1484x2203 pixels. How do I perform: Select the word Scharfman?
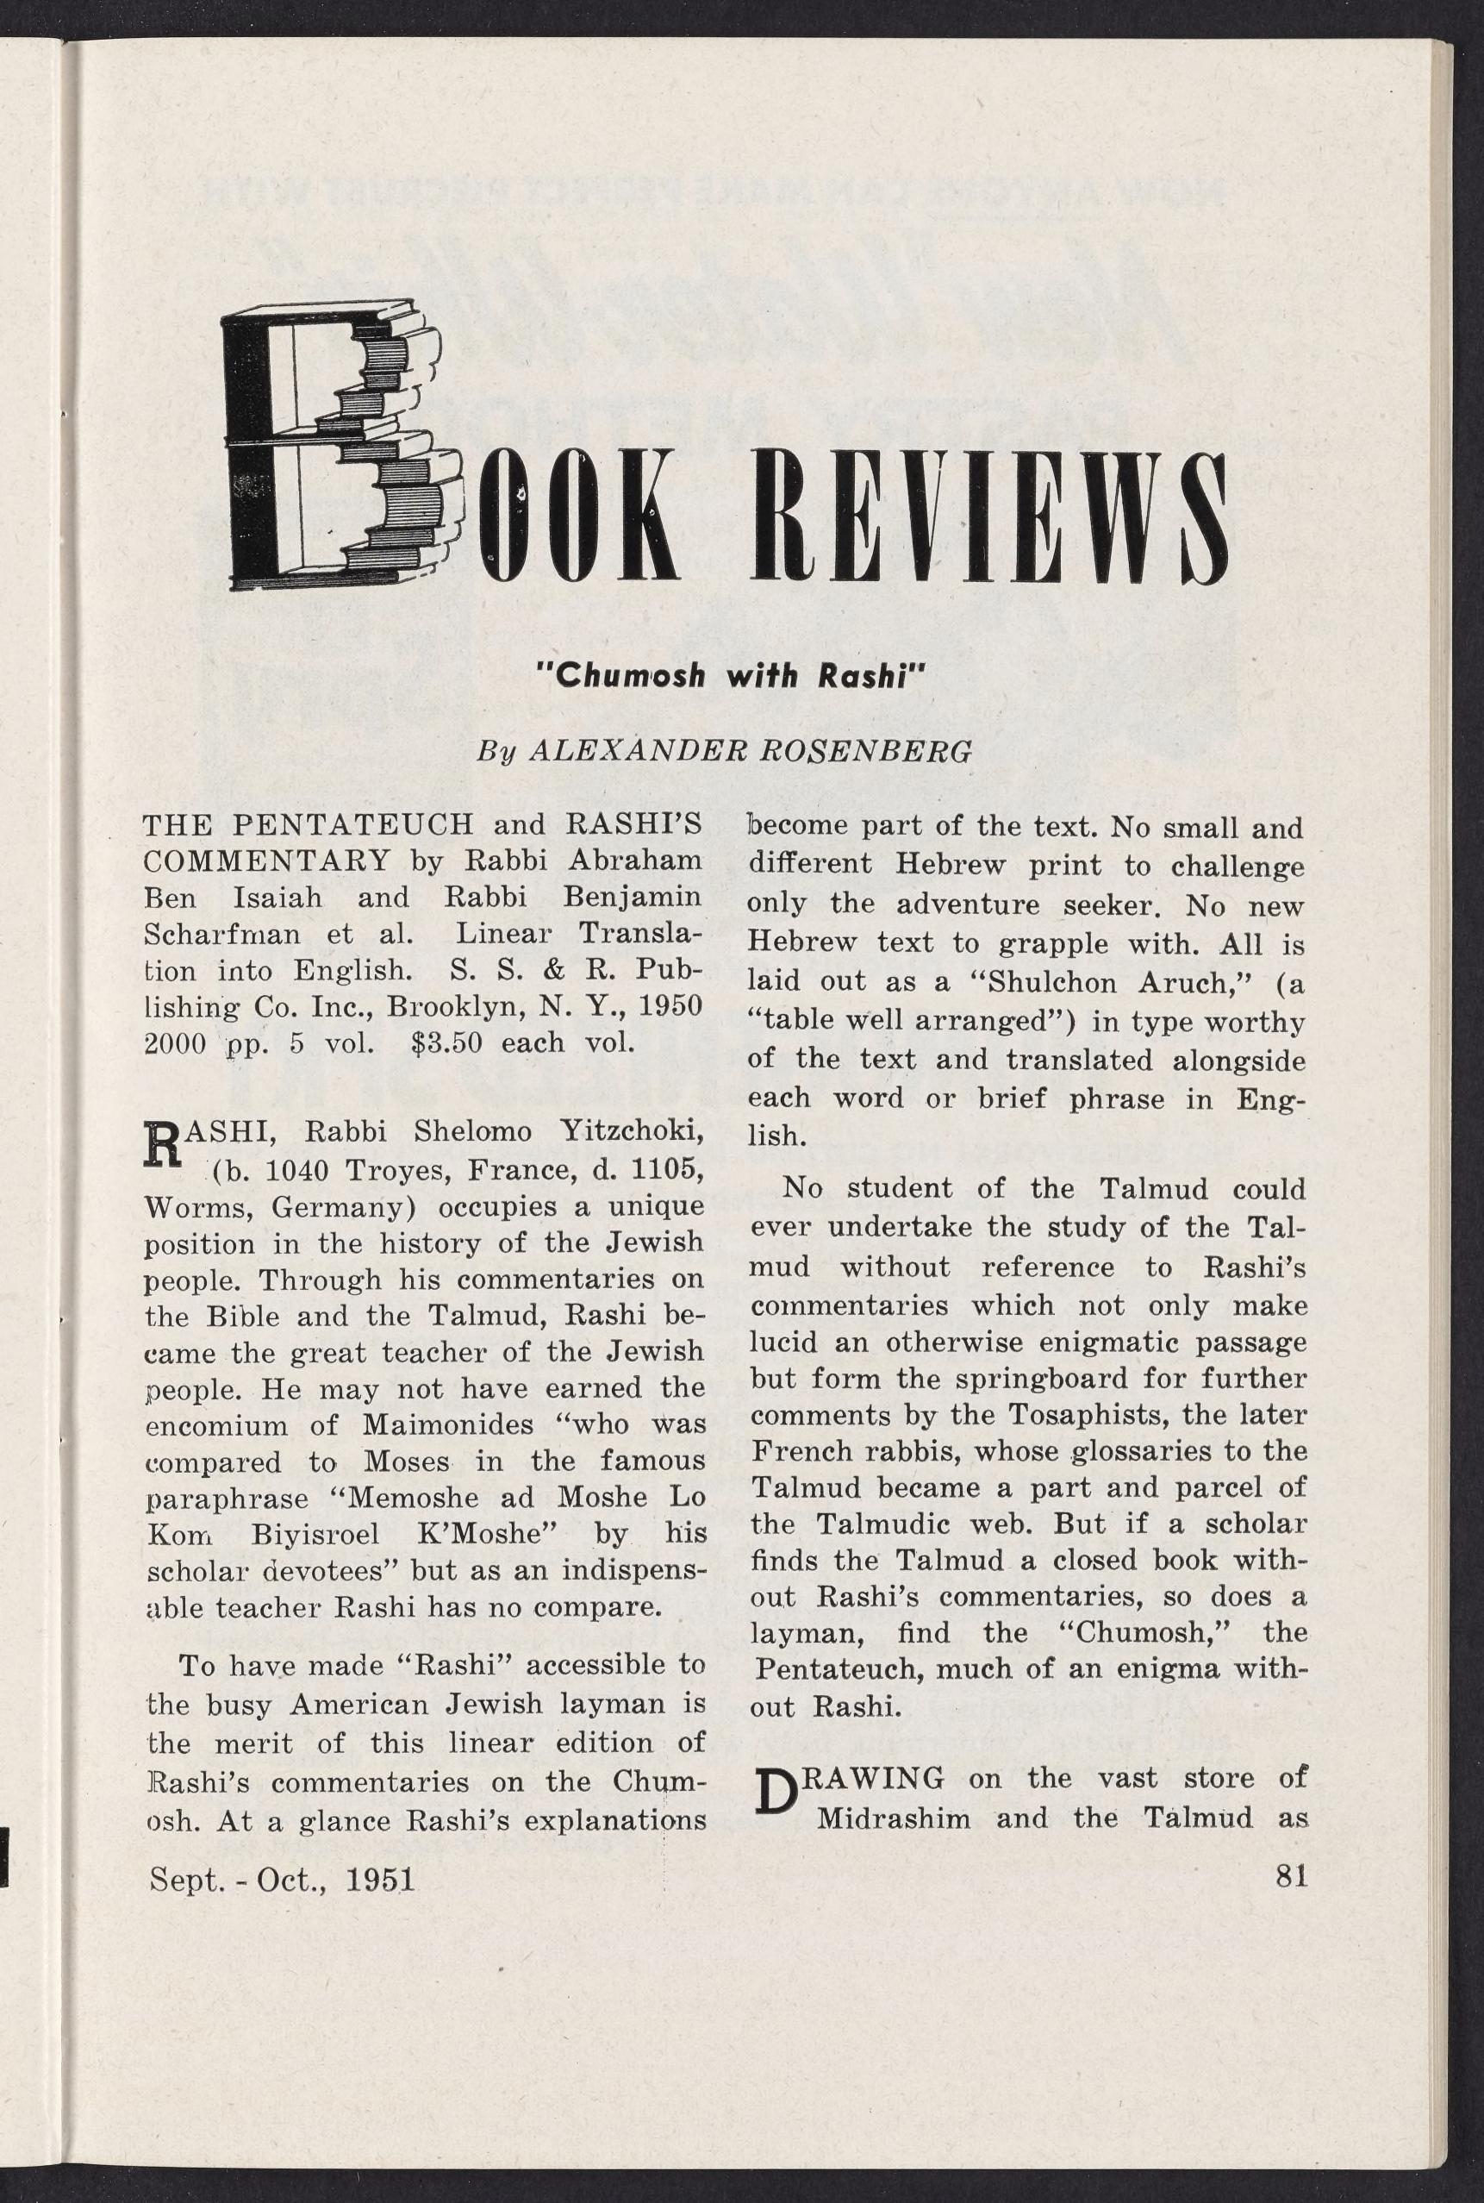[223, 934]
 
